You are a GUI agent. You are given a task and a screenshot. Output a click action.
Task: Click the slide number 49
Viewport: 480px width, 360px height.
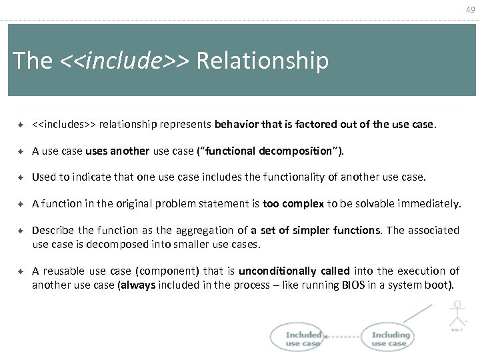pos(470,9)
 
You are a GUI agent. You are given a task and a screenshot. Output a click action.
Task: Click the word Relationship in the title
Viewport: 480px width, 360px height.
pos(263,61)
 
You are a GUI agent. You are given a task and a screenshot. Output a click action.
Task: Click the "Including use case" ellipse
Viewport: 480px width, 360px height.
pos(389,339)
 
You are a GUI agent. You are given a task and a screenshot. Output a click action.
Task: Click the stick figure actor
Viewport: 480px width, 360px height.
pos(457,315)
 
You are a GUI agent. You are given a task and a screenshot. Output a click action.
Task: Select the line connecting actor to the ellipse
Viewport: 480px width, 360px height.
pos(417,313)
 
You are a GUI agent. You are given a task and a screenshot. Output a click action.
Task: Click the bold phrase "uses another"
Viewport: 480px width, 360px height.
pos(117,151)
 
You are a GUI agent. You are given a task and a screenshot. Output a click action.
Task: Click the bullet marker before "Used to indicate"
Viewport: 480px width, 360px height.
pos(20,177)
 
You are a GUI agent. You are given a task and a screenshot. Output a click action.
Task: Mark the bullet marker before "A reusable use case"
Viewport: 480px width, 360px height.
pos(20,271)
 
